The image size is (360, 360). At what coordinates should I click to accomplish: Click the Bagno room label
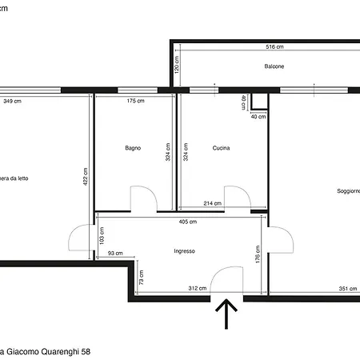(x=133, y=148)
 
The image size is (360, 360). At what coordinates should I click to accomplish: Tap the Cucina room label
(x=222, y=148)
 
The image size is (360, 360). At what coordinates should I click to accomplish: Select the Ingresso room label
(x=184, y=251)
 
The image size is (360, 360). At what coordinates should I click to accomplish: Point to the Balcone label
(x=275, y=66)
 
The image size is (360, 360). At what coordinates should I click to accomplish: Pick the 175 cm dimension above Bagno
(x=135, y=102)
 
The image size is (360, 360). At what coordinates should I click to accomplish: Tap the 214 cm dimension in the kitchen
(x=213, y=204)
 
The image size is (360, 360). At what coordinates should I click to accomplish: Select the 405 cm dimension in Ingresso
(x=188, y=222)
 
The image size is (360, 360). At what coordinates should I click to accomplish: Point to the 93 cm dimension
(x=115, y=254)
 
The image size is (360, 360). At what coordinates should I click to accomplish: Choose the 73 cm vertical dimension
(x=142, y=278)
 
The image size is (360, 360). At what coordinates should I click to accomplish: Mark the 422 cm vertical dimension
(x=86, y=176)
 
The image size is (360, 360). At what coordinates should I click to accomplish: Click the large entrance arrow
(x=227, y=315)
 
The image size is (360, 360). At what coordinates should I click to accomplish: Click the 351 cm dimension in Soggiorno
(x=347, y=289)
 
